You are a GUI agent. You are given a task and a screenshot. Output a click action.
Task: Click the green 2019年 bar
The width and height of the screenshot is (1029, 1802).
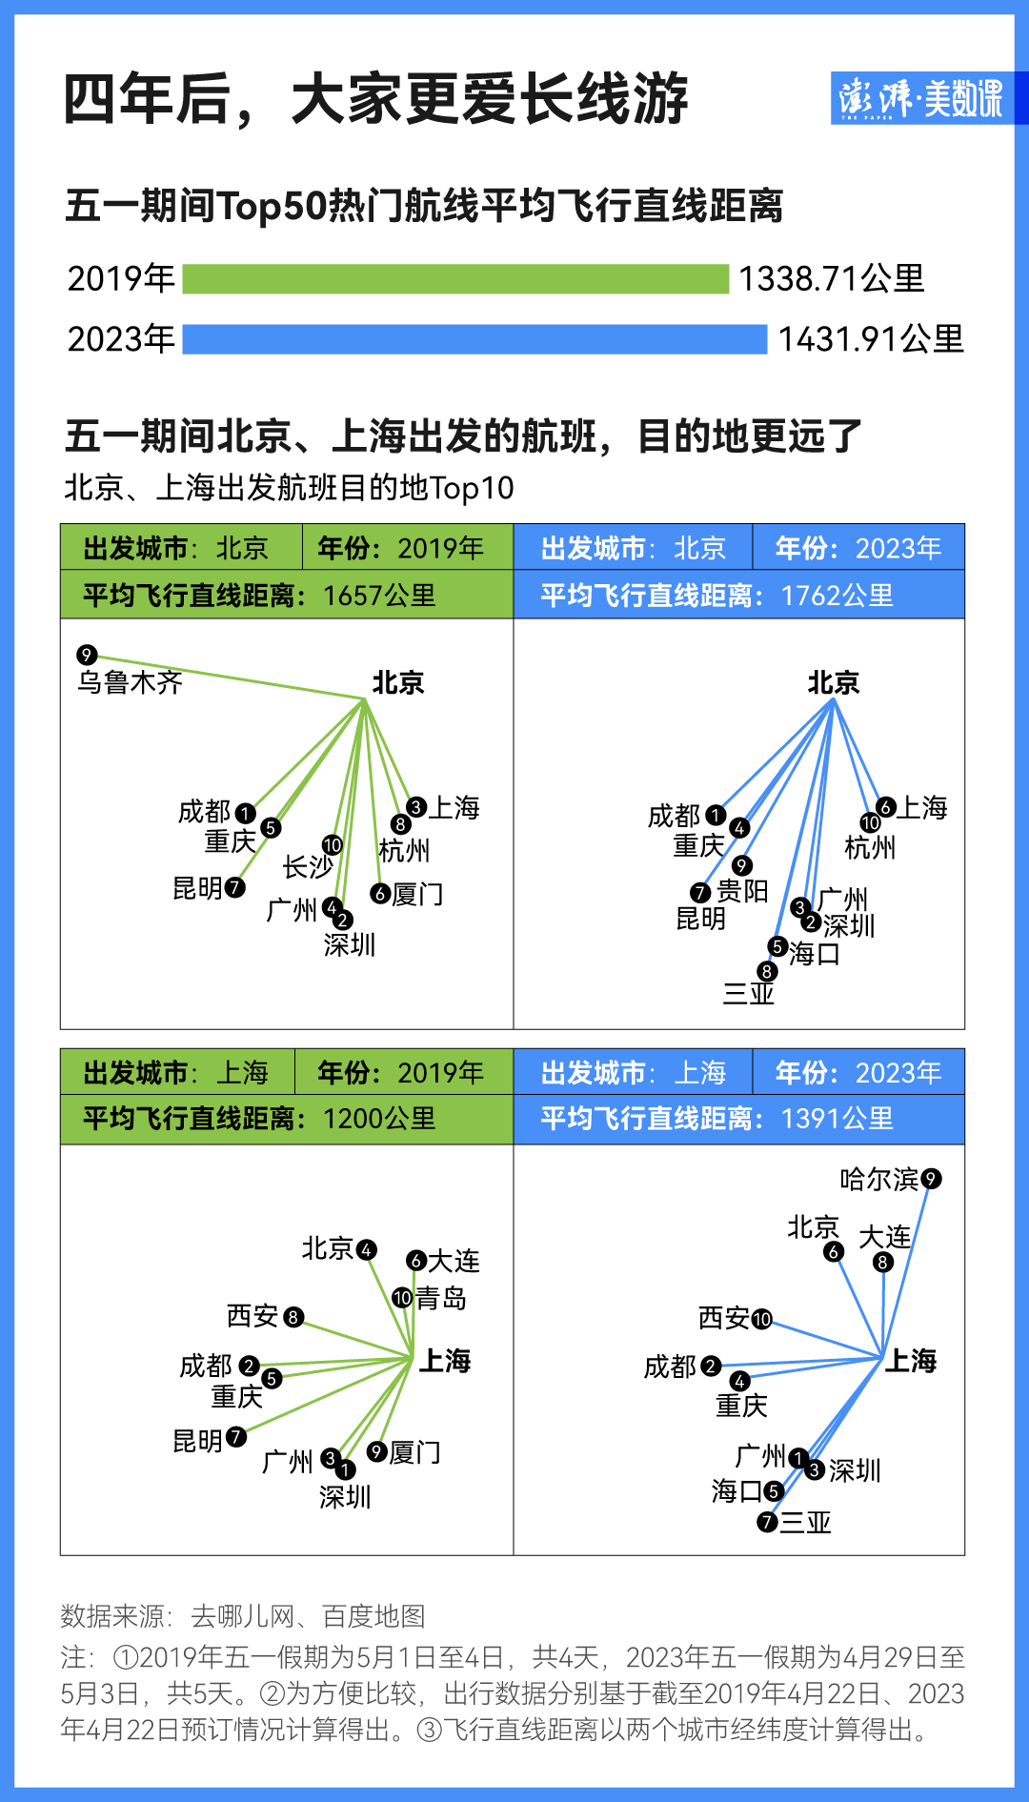[x=455, y=279]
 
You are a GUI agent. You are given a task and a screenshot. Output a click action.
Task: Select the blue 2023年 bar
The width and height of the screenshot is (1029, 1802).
[x=474, y=339]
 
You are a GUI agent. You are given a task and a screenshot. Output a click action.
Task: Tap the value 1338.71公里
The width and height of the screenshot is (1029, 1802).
[x=832, y=279]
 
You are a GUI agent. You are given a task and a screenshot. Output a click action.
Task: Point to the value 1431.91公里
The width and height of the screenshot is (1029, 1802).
[x=871, y=339]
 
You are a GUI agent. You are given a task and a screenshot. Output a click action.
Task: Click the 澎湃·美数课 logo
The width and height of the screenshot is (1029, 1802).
[x=920, y=98]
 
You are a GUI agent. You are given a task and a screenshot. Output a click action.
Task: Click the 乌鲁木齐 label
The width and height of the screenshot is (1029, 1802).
[x=131, y=682]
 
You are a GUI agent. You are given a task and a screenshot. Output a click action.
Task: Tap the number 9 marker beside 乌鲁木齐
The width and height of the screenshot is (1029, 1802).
[x=87, y=655]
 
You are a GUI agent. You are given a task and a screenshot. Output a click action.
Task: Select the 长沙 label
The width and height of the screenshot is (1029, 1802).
[x=308, y=867]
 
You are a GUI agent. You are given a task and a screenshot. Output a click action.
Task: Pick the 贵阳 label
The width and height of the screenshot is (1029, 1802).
[x=742, y=891]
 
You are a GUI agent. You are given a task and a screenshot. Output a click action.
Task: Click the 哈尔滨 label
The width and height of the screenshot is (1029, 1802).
[x=879, y=1180]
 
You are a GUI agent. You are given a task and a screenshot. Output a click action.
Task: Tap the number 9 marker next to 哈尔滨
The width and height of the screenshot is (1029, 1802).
[x=931, y=1179]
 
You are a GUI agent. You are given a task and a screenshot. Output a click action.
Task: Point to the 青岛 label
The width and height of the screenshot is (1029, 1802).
[x=441, y=1298]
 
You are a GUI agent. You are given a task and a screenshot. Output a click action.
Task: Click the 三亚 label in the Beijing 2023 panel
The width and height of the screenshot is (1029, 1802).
[x=749, y=993]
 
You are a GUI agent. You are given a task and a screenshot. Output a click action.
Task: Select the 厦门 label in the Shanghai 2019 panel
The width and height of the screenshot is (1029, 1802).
[x=415, y=1452]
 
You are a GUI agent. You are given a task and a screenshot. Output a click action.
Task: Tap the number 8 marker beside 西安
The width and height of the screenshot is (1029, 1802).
[x=293, y=1317]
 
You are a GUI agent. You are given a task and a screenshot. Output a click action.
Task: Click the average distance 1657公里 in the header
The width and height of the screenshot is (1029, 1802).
[x=379, y=596]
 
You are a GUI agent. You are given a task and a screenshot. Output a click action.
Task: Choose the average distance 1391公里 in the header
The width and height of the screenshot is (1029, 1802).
[x=837, y=1119]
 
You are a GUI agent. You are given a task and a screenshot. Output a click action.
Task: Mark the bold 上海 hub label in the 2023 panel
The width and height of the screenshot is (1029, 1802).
[x=911, y=1361]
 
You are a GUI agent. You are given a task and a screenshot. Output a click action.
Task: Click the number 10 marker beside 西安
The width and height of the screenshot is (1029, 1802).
[x=761, y=1319]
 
